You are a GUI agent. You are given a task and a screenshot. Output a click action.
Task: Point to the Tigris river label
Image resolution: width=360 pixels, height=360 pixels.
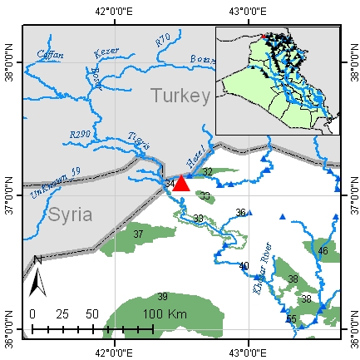(x=138, y=144)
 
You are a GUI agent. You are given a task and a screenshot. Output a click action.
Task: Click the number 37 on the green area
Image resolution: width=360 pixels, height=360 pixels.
(x=139, y=235)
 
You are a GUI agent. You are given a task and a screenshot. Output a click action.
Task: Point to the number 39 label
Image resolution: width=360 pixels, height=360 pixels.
(x=163, y=297)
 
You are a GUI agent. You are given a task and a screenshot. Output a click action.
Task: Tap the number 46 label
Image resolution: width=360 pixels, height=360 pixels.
(x=323, y=250)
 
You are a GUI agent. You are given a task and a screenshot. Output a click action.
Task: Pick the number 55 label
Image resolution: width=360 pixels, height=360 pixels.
(x=291, y=319)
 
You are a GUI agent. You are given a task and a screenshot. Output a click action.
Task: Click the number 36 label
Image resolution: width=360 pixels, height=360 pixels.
(x=240, y=213)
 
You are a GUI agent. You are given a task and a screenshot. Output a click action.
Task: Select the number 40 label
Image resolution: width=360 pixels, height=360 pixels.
(x=244, y=266)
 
